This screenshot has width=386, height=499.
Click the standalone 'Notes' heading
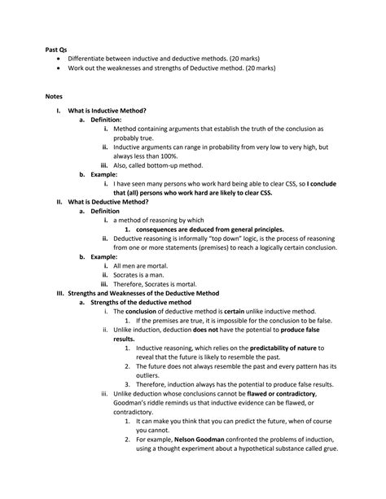(x=54, y=94)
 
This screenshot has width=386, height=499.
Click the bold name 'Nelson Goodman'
(x=200, y=439)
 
